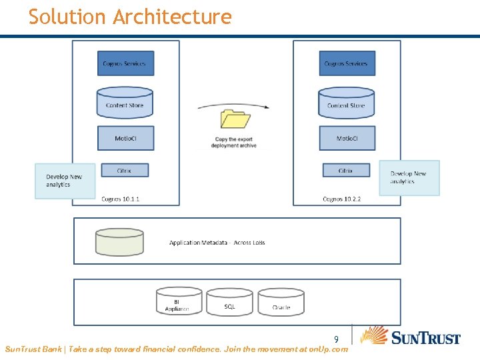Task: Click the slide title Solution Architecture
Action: (x=130, y=17)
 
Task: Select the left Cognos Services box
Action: (x=125, y=63)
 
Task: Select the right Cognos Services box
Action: (x=347, y=63)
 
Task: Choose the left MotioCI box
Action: (x=125, y=138)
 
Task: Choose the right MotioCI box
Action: (x=347, y=138)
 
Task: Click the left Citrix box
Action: (x=125, y=170)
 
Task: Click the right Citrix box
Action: (x=346, y=170)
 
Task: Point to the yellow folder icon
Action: (x=235, y=119)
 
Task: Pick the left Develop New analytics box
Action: (x=65, y=181)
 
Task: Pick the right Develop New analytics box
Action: (x=409, y=177)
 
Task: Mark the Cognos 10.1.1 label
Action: (x=121, y=199)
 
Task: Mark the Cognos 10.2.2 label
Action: (x=342, y=199)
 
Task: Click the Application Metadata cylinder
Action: (x=119, y=242)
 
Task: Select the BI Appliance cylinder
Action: (x=177, y=302)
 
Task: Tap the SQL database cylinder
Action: (x=229, y=302)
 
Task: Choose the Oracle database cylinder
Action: (x=281, y=302)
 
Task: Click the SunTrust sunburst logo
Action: (x=375, y=335)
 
